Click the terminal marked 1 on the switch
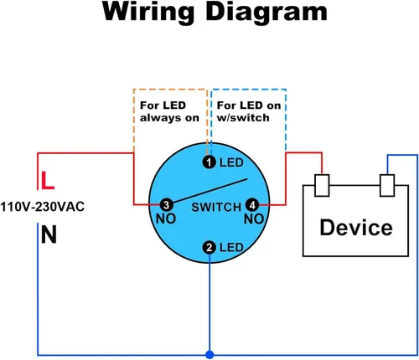[209, 162]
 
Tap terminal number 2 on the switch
[209, 248]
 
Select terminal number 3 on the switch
[167, 205]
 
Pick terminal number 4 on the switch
[252, 205]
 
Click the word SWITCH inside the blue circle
[216, 207]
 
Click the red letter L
[48, 181]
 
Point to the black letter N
[49, 234]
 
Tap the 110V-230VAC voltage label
[42, 207]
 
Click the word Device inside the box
[356, 228]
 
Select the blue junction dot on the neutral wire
[209, 355]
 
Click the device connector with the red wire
[322, 186]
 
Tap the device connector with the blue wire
[387, 186]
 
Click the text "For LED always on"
[169, 111]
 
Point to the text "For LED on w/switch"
[249, 111]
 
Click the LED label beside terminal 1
[231, 162]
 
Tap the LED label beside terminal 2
[231, 248]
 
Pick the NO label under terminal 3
[166, 219]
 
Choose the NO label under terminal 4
[254, 219]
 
